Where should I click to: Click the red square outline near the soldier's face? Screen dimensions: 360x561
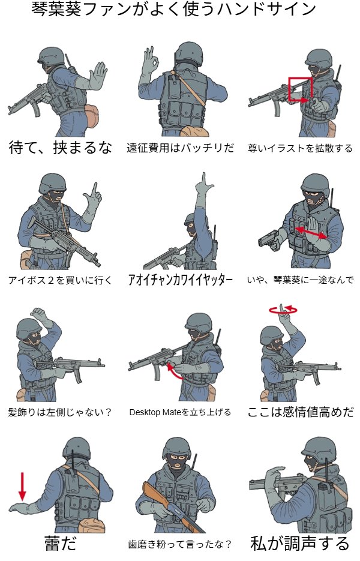[289, 89]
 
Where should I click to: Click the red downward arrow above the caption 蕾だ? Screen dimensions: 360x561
[23, 487]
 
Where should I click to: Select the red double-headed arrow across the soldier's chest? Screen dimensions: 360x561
[311, 233]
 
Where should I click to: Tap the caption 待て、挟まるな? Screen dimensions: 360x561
[60, 148]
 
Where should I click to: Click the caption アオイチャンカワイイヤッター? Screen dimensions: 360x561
[181, 280]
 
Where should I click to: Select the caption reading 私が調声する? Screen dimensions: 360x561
[300, 543]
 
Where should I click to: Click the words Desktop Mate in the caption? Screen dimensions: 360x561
[155, 412]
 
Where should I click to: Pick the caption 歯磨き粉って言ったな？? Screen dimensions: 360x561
[180, 545]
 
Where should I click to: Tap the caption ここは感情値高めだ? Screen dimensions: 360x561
[301, 412]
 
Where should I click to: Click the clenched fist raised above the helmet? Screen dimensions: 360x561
[40, 314]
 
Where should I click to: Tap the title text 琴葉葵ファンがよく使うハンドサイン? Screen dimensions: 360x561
[173, 10]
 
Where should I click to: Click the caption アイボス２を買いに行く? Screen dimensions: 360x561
[60, 280]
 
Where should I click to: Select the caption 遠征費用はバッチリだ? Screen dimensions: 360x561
[181, 148]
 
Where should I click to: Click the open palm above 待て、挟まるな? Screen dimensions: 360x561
[97, 76]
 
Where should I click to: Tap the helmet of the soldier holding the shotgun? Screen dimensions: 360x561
[176, 448]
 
